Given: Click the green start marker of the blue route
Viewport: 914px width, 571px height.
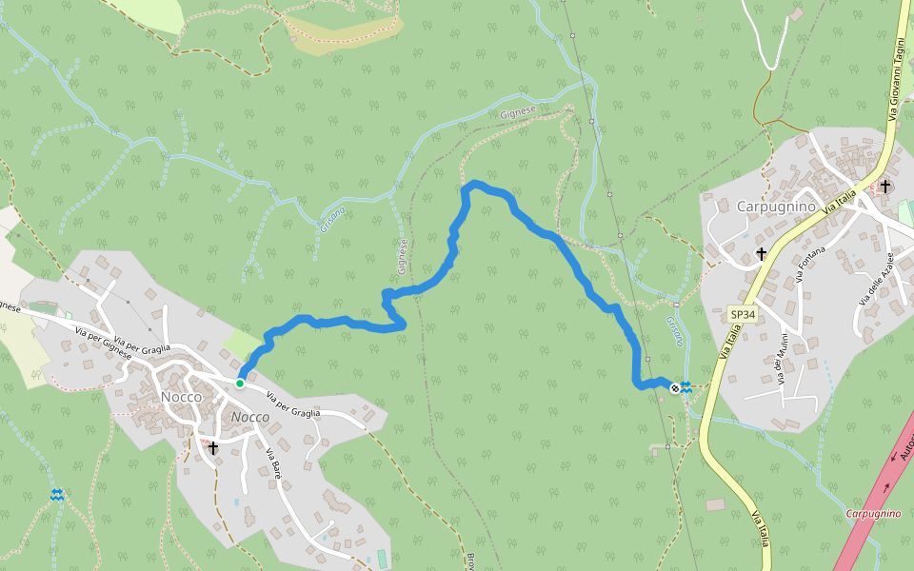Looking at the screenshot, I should point(240,384).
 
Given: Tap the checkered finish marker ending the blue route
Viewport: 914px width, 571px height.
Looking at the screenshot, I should point(675,387).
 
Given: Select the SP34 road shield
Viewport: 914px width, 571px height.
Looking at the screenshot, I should point(742,314).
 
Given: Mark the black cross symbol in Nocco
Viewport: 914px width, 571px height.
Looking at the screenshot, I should point(213,447).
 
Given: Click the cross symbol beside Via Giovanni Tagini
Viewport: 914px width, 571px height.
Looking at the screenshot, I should point(885,186).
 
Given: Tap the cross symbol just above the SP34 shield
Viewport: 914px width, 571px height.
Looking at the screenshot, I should point(761,254).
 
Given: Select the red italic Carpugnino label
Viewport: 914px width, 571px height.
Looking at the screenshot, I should point(873,514).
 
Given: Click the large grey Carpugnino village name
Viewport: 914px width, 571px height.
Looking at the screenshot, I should point(776,206).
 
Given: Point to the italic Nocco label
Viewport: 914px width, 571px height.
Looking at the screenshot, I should point(250,417).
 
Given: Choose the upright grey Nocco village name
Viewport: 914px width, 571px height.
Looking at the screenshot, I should point(181,397).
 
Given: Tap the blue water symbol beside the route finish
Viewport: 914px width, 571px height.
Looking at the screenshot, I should point(686,385).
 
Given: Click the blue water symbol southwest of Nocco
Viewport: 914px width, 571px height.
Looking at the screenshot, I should point(57,495).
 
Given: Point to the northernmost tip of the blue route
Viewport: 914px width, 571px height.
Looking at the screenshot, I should point(473,182).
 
